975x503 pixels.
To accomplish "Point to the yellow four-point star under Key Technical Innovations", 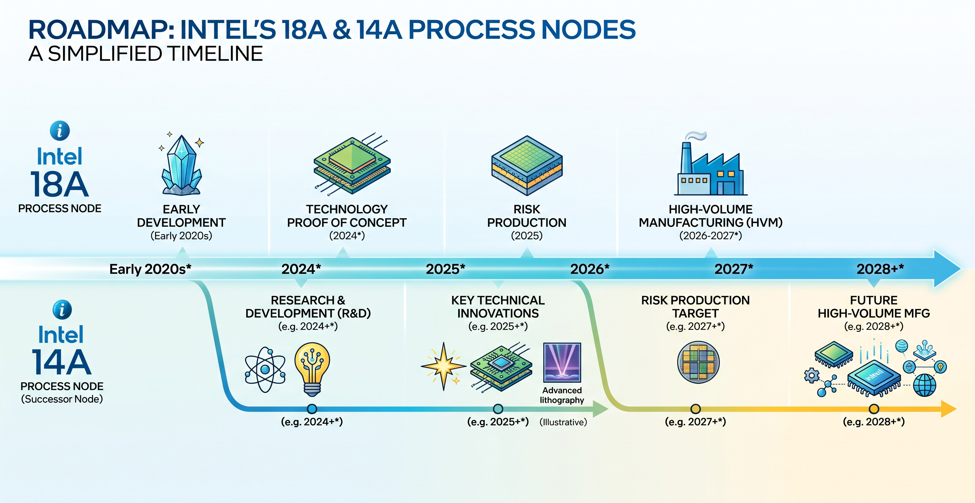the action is [x=444, y=366].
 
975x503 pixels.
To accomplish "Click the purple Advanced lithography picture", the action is [x=562, y=362].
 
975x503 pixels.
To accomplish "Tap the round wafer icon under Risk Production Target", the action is [x=698, y=362].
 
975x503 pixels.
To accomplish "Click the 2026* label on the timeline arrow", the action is [x=590, y=269].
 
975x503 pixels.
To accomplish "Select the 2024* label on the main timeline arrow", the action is [x=301, y=269].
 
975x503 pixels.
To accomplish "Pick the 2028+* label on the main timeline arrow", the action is [x=880, y=269].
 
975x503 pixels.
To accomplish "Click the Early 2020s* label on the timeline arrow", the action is [x=150, y=269].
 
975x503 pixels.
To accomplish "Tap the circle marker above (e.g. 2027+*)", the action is [x=696, y=409].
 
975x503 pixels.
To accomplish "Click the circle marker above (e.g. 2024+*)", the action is [x=312, y=409].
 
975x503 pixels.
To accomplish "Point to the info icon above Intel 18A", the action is [x=60, y=130].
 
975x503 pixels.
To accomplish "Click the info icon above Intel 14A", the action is [x=62, y=310].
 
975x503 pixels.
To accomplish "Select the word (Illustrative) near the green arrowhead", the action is [x=563, y=422].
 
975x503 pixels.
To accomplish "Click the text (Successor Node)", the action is [x=62, y=399].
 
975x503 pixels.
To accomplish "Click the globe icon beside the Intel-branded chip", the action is [x=925, y=385].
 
